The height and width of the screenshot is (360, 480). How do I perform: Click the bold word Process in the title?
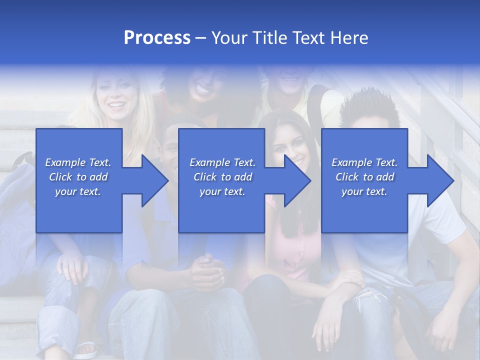[x=157, y=38]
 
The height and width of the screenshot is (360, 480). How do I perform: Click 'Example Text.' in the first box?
[x=78, y=162]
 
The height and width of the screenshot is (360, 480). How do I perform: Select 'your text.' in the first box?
[x=78, y=191]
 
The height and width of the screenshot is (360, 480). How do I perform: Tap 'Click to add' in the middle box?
[x=222, y=177]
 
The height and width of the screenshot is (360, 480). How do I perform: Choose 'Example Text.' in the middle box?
[x=222, y=162]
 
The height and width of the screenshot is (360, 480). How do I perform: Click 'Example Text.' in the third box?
[x=364, y=162]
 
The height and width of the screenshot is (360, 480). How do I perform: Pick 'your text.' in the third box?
[x=364, y=191]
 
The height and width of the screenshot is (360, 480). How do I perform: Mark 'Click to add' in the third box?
[x=364, y=177]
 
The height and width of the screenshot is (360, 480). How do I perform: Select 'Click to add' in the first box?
[x=78, y=177]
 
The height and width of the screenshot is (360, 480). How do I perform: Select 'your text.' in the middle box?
[x=222, y=191]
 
